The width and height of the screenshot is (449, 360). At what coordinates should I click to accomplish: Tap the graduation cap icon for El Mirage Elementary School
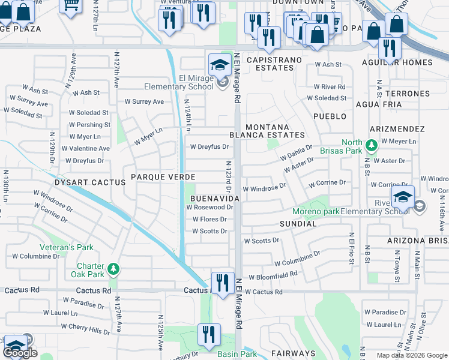[220, 64]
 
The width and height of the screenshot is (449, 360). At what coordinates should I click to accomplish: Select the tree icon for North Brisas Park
[372, 145]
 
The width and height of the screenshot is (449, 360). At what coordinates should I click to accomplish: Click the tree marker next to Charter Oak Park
[112, 268]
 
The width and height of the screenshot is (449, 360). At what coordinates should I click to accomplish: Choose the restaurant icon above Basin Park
[209, 335]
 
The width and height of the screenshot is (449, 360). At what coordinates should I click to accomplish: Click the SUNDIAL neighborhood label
[298, 224]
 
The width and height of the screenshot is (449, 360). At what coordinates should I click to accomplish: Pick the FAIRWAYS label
[293, 353]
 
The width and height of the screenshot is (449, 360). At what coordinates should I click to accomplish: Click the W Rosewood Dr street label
[209, 207]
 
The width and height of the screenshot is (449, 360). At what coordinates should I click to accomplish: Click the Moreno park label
[316, 211]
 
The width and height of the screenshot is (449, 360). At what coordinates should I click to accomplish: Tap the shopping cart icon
[71, 5]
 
